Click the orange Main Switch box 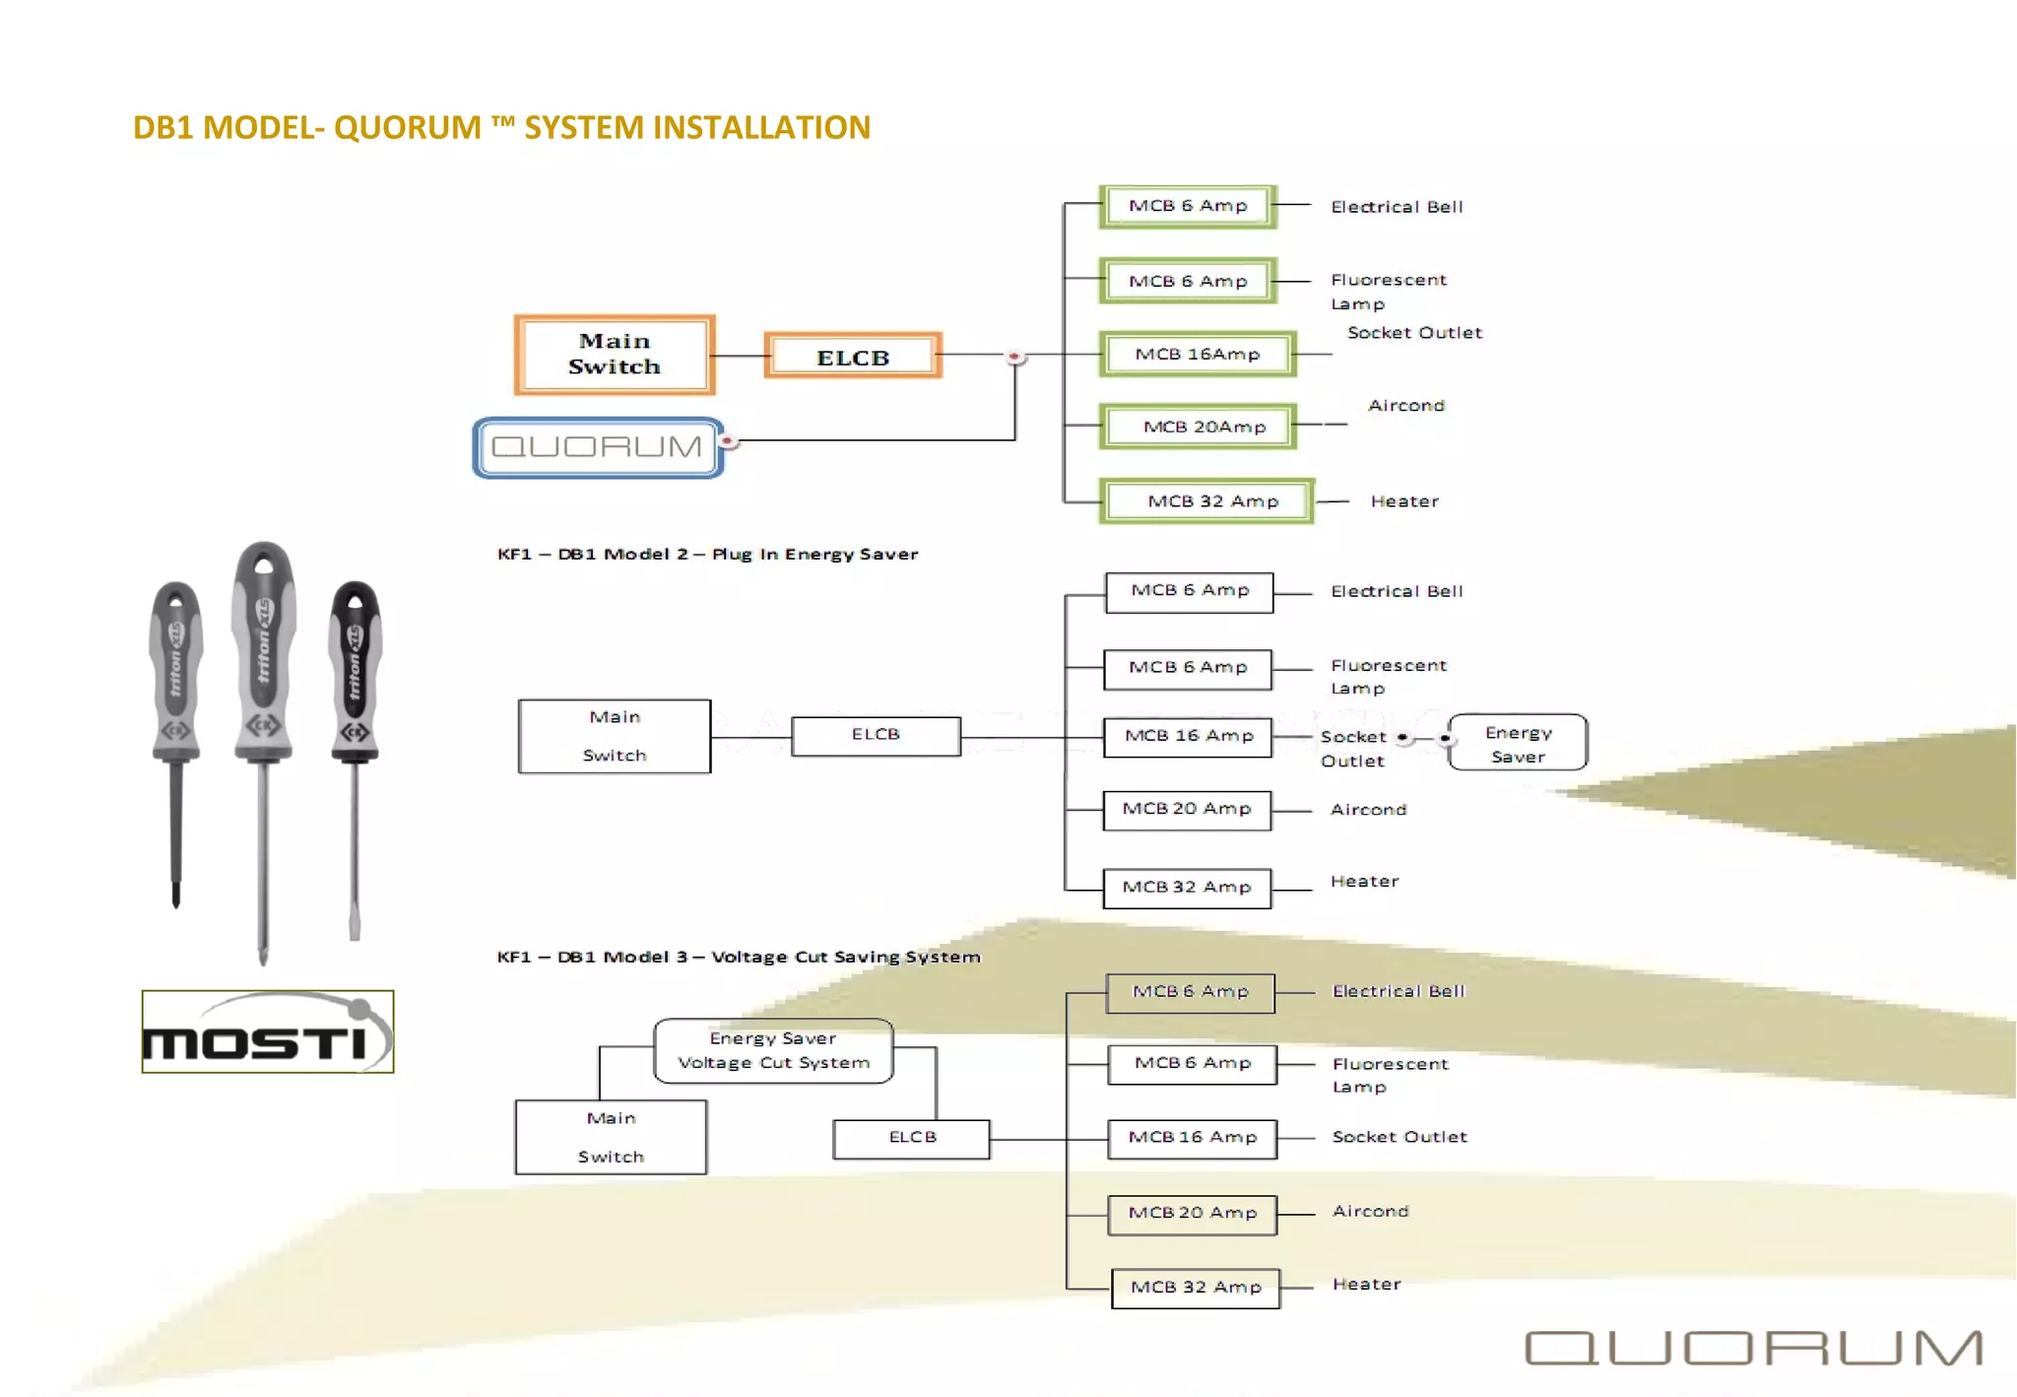click(614, 355)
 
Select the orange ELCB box click(853, 357)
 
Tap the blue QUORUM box click(598, 448)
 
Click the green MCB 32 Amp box click(1206, 501)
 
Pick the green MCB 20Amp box click(1198, 427)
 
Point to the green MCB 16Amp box click(1197, 355)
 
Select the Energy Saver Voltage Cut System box click(773, 1051)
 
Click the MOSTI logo click(267, 1031)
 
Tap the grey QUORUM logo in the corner click(1753, 1348)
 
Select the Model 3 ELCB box click(911, 1138)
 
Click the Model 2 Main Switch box click(615, 737)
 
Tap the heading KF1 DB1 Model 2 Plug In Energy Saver click(707, 555)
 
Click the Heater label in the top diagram click(1403, 501)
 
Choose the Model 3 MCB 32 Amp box click(1196, 1288)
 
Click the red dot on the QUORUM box click(727, 440)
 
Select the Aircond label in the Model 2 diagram click(1368, 810)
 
